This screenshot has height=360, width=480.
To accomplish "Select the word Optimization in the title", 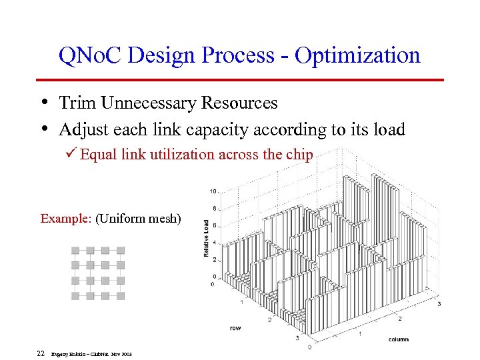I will (357, 56).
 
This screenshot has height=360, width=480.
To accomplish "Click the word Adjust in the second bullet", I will (81, 129).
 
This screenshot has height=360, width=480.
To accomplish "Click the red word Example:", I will (66, 218).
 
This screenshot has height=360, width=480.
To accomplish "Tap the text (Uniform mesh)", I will (138, 218).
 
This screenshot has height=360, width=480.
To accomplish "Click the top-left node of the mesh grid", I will (75, 251).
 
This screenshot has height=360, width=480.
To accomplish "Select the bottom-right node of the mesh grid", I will (121, 295).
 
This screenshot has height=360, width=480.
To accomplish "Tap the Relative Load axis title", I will (206, 238).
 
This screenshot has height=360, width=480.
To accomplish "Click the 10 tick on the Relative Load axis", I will (212, 191).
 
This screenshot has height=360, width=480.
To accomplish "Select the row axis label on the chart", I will (236, 328).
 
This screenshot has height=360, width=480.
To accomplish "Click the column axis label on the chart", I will (398, 339).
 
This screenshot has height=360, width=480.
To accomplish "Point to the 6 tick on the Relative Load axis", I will (213, 226).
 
